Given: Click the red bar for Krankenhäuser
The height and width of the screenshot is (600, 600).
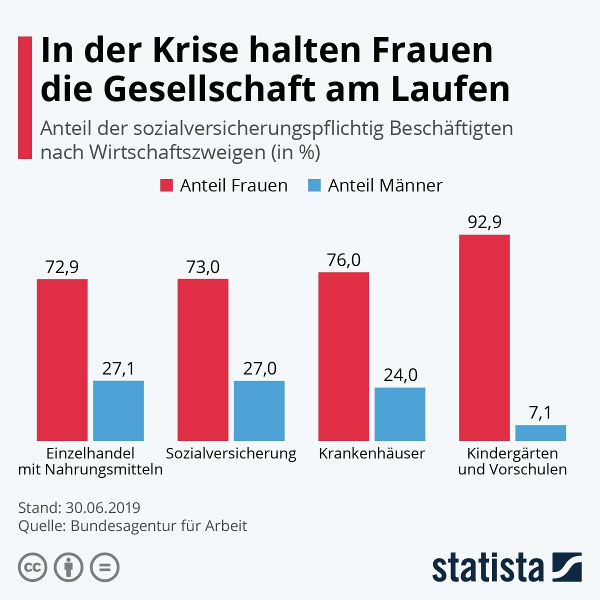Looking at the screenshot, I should tap(343, 356).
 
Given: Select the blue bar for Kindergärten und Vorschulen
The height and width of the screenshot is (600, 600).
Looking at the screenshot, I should tap(540, 433).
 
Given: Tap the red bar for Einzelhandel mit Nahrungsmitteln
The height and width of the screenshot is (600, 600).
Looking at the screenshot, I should tap(62, 359).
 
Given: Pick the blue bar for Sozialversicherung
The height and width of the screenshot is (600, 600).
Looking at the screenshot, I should tap(259, 410).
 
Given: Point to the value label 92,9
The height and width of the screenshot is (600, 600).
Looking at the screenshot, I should tap(484, 222).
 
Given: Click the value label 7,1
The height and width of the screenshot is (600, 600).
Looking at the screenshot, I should tap(540, 413).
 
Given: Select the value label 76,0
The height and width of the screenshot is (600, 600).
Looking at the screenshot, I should tap(343, 260).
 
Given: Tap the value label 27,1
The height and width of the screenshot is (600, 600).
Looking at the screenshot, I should tap(118, 368).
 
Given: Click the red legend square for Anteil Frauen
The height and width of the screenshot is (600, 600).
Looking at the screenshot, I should tap(166, 185).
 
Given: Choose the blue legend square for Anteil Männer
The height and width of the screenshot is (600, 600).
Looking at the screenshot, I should tap(314, 185).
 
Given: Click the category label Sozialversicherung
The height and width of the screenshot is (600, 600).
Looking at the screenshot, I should tap(231, 453).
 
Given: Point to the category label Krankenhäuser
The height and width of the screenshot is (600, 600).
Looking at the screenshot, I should tap(371, 453).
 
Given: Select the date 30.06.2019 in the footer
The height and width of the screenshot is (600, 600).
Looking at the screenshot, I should tap(103, 507).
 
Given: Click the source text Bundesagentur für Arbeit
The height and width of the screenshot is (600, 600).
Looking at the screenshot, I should tap(158, 526).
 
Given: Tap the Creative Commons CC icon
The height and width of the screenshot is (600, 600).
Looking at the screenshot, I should tap(32, 567).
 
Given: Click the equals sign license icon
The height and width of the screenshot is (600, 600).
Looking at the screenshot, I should tap(104, 567).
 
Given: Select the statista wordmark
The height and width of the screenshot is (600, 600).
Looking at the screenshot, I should tap(487, 568).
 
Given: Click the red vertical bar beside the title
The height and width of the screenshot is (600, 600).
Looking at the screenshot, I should tap(24, 97).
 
